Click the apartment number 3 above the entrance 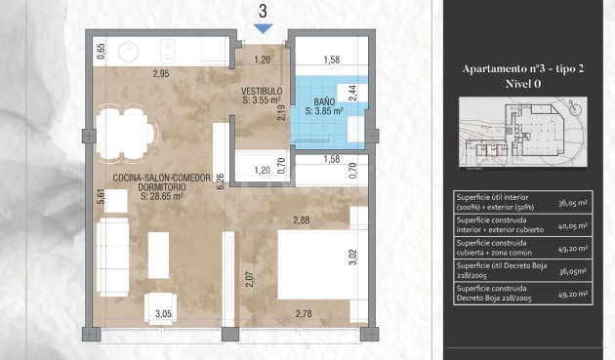pyautogui.click(x=263, y=12)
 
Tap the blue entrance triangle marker pyautogui.click(x=263, y=29)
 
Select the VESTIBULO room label pyautogui.click(x=262, y=91)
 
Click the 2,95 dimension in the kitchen pyautogui.click(x=160, y=74)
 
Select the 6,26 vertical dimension pyautogui.click(x=221, y=181)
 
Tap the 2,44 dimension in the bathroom pyautogui.click(x=353, y=94)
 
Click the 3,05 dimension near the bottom pyautogui.click(x=164, y=313)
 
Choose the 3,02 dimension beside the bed pyautogui.click(x=353, y=259)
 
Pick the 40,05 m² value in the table pyautogui.click(x=583, y=225)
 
